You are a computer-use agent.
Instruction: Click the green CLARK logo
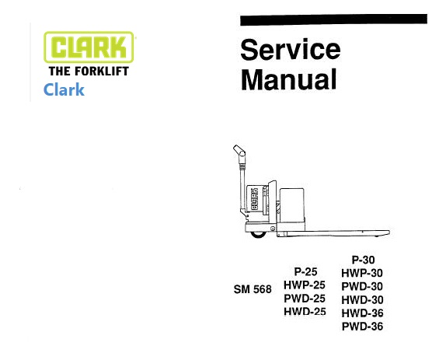tap(89, 47)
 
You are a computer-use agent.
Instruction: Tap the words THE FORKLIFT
tap(89, 72)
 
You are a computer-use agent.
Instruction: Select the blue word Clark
tap(64, 89)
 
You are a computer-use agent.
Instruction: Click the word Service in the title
tap(291, 50)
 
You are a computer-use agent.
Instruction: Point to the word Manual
tap(289, 79)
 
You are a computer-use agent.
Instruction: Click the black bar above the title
tap(333, 19)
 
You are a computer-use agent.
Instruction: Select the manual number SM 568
tap(253, 289)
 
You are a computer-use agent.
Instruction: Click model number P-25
tap(305, 272)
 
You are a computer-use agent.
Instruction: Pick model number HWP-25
tap(305, 285)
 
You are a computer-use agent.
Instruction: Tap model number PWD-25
tap(305, 299)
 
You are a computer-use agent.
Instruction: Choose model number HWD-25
tap(305, 312)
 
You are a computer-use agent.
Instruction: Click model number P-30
tap(363, 260)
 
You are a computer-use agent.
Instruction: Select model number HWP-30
tap(362, 273)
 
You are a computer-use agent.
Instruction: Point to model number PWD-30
tap(362, 286)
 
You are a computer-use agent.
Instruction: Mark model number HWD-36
tap(362, 313)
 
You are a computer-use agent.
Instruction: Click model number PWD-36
tap(362, 327)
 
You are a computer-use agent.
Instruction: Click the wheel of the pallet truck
tap(258, 235)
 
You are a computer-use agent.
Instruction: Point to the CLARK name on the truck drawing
tap(254, 198)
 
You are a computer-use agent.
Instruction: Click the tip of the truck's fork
tap(389, 232)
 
